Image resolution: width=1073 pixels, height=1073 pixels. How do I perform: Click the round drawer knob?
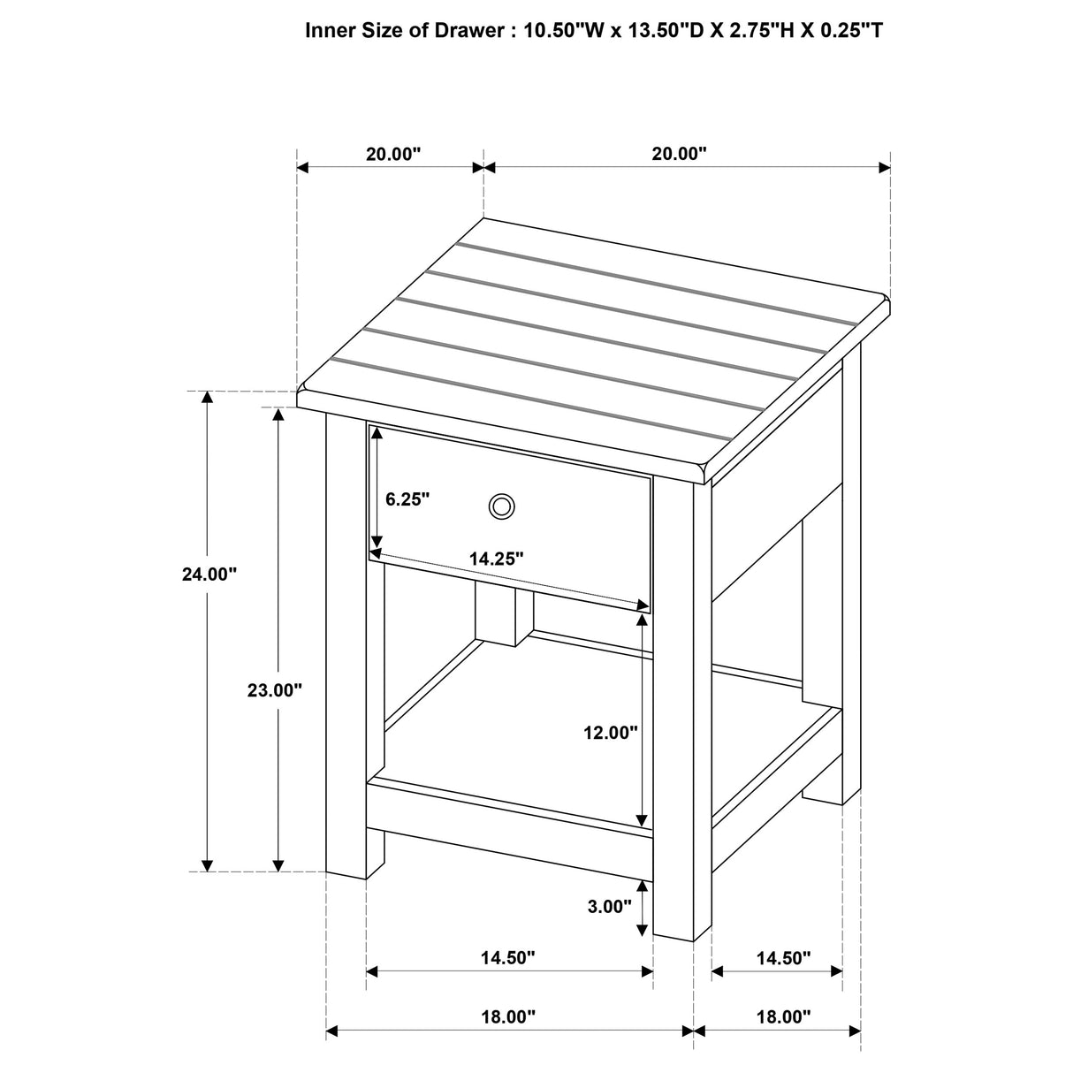point(501,506)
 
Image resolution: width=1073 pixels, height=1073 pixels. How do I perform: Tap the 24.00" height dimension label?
point(209,575)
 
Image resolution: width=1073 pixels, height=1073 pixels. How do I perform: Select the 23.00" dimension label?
point(275,690)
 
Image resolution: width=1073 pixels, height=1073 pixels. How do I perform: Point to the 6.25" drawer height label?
point(407,498)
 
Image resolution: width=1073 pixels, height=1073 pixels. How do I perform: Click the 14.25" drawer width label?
point(497,559)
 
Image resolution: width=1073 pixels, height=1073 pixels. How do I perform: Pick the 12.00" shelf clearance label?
point(610,732)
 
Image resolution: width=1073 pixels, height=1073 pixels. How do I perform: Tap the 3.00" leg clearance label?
point(610,906)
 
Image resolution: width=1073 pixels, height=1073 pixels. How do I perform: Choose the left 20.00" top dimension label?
point(393,154)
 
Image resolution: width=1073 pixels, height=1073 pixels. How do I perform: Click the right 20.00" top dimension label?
point(680,154)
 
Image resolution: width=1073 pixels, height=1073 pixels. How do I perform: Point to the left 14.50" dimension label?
point(508,957)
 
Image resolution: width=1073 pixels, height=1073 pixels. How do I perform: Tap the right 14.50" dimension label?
point(783,957)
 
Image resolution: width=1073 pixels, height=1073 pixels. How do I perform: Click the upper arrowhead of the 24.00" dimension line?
point(208,397)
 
